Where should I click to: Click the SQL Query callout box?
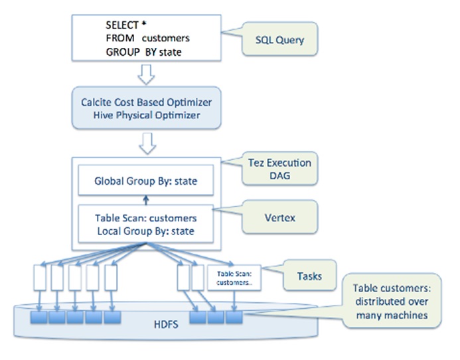(279, 40)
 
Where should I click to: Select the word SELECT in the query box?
(121, 25)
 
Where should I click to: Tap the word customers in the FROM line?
(166, 39)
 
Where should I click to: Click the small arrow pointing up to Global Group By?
(145, 199)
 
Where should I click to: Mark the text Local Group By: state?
(145, 232)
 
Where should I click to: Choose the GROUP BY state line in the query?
(145, 52)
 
